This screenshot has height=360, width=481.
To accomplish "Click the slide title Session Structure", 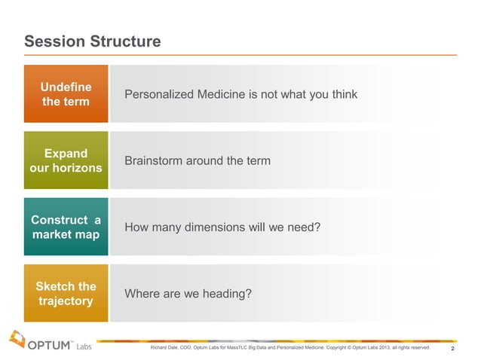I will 92,41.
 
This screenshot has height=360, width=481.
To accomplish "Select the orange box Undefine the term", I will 66,94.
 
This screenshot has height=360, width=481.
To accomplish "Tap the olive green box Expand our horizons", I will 66,160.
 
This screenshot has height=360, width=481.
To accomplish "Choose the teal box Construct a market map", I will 66,227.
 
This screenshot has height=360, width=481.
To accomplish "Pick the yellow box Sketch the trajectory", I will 66,293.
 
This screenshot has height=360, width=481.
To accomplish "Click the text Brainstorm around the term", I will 197,161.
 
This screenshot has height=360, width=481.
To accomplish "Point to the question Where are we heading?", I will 187,294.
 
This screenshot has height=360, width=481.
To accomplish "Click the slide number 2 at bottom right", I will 452,349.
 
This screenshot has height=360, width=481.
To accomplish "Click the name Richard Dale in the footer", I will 166,348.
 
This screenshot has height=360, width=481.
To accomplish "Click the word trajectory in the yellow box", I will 66,301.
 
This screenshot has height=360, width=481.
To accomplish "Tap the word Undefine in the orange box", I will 66,87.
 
